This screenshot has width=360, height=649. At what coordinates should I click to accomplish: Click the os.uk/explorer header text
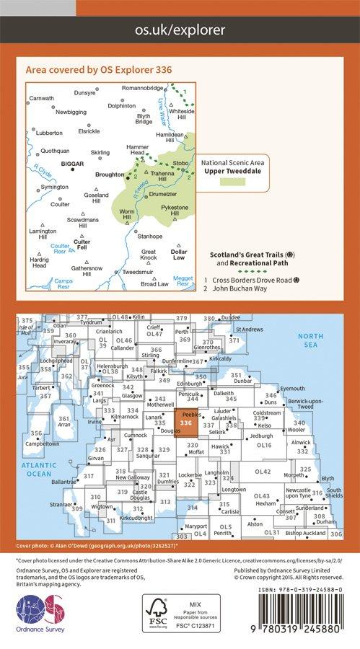pos(180,30)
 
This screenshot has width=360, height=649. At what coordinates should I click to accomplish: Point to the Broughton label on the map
pos(110,175)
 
